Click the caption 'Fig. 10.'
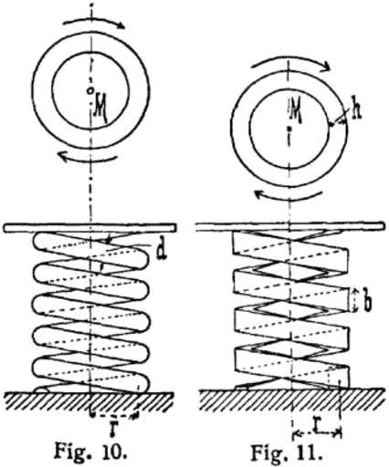90,451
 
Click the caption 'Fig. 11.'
287,453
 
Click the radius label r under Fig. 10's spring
114,429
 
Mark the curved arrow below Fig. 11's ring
289,198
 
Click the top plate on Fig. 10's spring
89,228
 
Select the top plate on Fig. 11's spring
290,227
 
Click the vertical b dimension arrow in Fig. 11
354,300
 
